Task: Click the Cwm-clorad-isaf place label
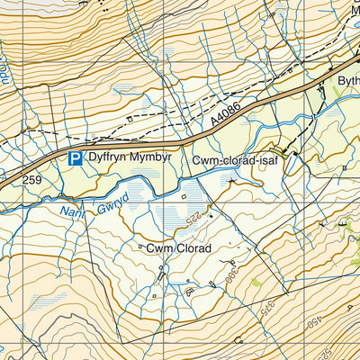coord(230,160)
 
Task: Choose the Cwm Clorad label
coord(180,247)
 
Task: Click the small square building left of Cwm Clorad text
coord(140,247)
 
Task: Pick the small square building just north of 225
coord(184,195)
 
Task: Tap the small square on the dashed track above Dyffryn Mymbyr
coord(131,118)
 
